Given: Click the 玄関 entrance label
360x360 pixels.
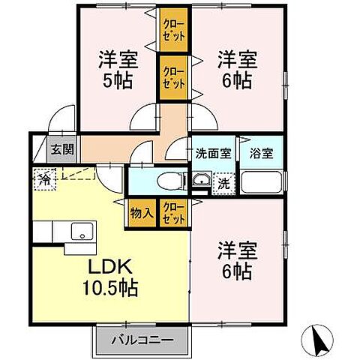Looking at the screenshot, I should (x=62, y=148).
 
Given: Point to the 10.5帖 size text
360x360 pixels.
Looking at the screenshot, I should (x=112, y=287).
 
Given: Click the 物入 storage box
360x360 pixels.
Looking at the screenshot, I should (x=141, y=212).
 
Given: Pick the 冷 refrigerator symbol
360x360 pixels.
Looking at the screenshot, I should (x=44, y=180).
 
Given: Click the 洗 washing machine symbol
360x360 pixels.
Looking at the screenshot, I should (x=223, y=182).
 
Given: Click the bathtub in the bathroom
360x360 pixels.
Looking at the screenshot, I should (x=261, y=182).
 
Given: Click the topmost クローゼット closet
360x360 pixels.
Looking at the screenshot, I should (x=172, y=29).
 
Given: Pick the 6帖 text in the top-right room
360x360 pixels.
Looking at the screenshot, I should (x=235, y=79).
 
